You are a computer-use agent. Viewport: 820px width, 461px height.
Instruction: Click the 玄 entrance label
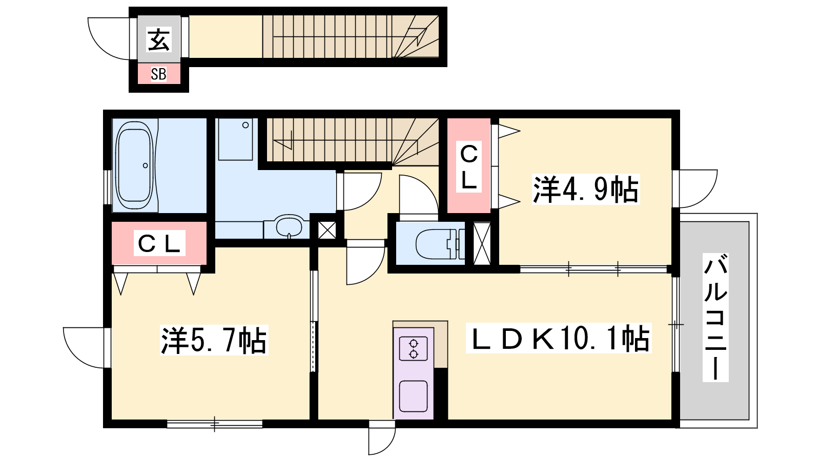coord(158,39)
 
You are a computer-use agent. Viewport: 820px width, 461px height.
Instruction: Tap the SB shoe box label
coord(158,74)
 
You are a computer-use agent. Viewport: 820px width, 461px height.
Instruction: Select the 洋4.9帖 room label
coord(586,189)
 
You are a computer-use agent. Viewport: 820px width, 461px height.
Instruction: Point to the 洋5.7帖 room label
coord(214,340)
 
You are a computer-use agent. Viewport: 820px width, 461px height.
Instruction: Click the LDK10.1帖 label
coord(559,338)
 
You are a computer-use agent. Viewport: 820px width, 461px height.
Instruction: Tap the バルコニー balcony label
coord(715,318)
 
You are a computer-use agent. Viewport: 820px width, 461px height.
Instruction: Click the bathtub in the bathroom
coord(134,165)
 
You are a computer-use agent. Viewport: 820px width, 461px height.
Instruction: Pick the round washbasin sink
coord(289,226)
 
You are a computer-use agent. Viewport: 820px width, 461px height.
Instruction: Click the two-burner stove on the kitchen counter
coord(414,349)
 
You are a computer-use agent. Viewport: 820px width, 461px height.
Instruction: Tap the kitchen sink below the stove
coord(413,396)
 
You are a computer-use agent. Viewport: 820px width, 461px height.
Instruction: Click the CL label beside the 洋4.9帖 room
coord(468,167)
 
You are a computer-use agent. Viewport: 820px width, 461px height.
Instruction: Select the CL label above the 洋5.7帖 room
coord(159,243)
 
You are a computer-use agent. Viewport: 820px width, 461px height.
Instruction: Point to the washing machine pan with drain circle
coord(235,139)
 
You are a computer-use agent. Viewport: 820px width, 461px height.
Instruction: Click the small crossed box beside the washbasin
coord(327,230)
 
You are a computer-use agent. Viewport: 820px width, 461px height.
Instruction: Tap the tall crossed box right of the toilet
coord(482,244)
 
